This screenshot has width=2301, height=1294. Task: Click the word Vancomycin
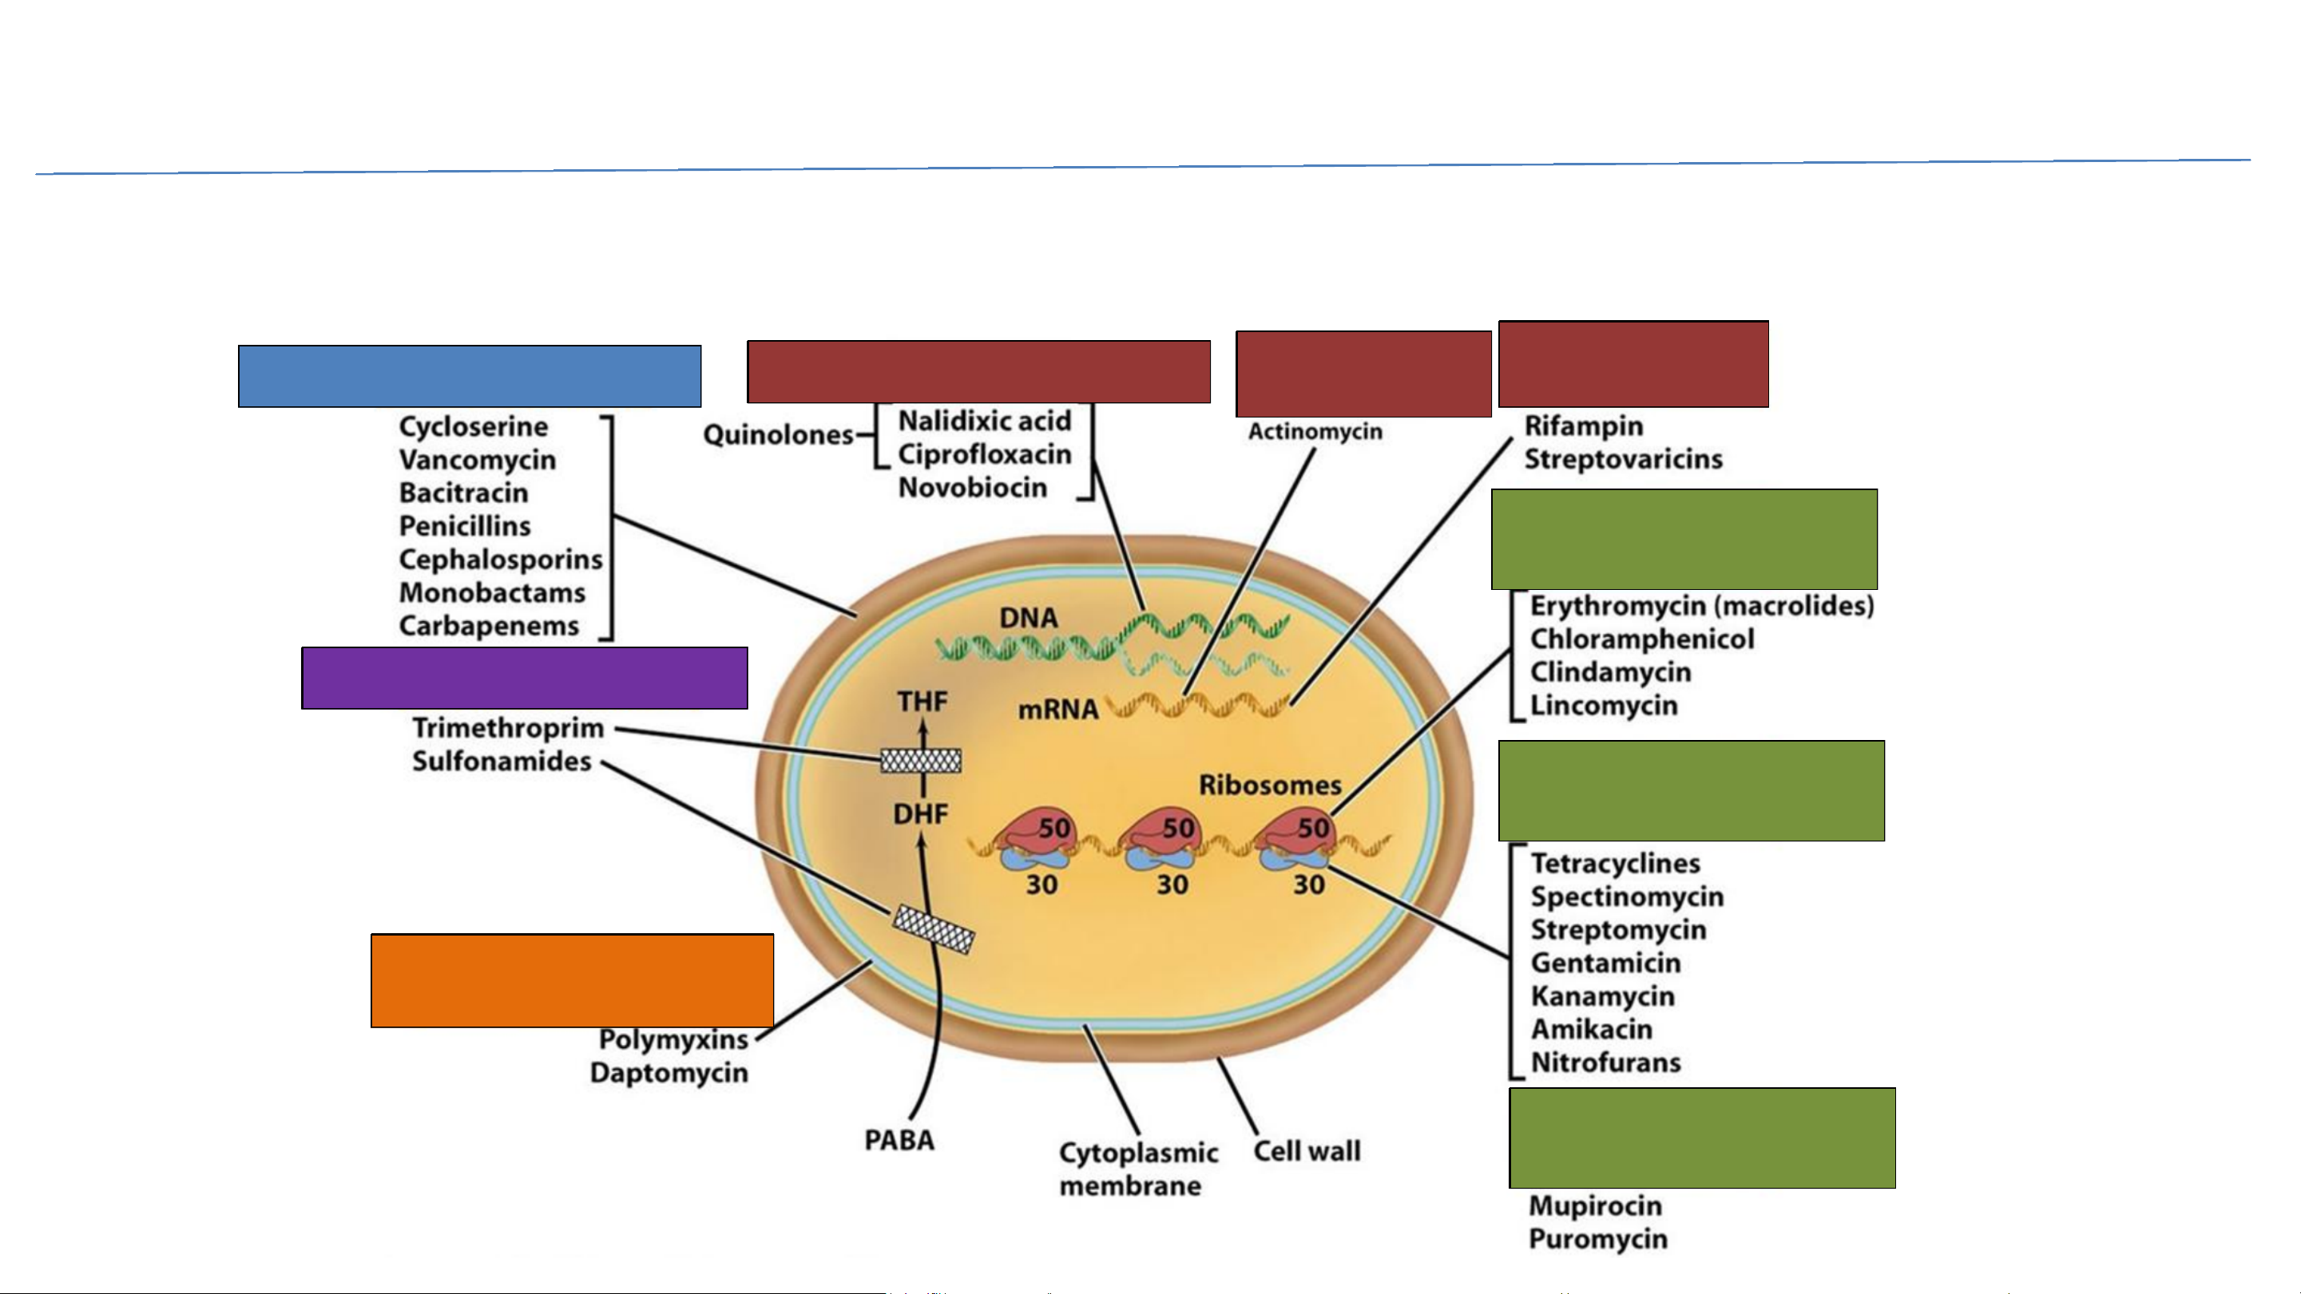477,460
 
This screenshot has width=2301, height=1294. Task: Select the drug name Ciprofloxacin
984,454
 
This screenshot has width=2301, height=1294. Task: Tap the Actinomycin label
1315,432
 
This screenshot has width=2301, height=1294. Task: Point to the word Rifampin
1583,426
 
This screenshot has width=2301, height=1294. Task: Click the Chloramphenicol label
1642,639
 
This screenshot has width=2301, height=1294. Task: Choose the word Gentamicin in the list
1605,963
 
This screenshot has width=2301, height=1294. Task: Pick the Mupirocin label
1595,1205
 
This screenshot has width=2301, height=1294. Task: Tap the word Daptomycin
669,1073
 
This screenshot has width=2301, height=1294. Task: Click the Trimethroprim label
508,728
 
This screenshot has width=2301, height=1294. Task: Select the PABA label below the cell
899,1141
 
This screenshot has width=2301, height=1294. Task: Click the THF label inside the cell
922,702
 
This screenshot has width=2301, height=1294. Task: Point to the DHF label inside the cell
921,814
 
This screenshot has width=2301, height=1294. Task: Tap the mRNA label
1057,709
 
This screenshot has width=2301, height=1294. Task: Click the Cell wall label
1307,1151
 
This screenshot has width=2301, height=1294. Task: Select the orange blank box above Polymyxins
572,980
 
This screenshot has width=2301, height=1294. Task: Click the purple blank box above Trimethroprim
525,678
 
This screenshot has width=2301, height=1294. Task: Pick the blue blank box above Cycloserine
469,376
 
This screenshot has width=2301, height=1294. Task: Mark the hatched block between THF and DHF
921,761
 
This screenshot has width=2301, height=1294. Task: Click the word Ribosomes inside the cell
1269,785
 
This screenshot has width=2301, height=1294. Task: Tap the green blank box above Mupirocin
1702,1138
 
